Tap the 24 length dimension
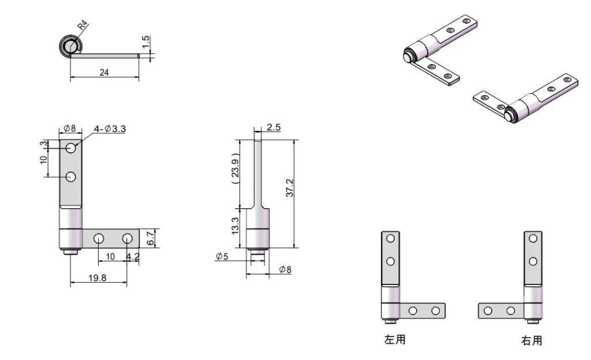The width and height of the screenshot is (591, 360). pyautogui.click(x=104, y=73)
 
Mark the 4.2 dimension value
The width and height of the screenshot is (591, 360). pyautogui.click(x=133, y=256)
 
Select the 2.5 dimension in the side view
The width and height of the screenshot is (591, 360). pyautogui.click(x=274, y=127)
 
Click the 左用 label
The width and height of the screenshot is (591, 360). pyautogui.click(x=395, y=340)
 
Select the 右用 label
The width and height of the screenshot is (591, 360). pyautogui.click(x=532, y=340)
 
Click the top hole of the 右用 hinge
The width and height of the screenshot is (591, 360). pyautogui.click(x=533, y=238)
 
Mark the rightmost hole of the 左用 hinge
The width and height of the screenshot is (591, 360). pyautogui.click(x=435, y=310)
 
